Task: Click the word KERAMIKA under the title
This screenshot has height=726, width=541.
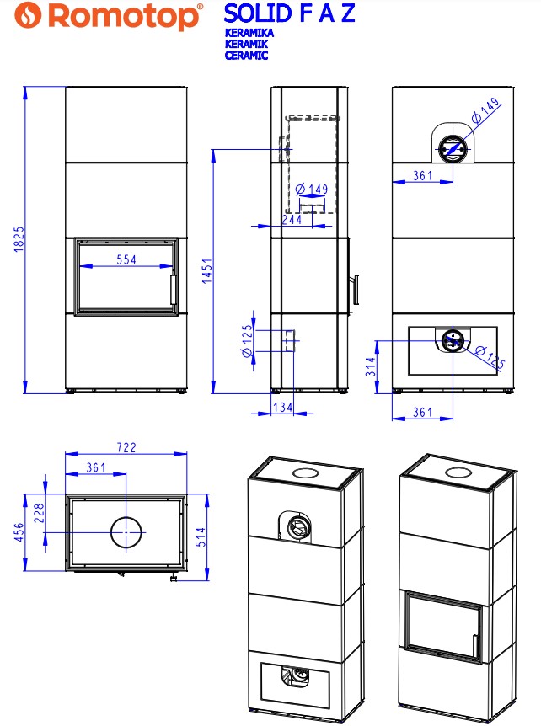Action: coord(249,33)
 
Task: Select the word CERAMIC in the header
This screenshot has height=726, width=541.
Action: coord(246,55)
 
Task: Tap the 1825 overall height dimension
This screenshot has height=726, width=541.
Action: coord(19,239)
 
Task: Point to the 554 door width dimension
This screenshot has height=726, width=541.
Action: coord(126,259)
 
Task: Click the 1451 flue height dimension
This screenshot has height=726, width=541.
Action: coord(207,271)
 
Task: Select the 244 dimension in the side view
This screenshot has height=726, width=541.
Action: coord(292,219)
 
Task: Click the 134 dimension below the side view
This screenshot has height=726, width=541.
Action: coord(282,407)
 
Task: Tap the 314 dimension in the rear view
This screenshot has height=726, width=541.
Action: coord(371,366)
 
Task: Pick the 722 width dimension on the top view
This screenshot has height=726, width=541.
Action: coord(126,447)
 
